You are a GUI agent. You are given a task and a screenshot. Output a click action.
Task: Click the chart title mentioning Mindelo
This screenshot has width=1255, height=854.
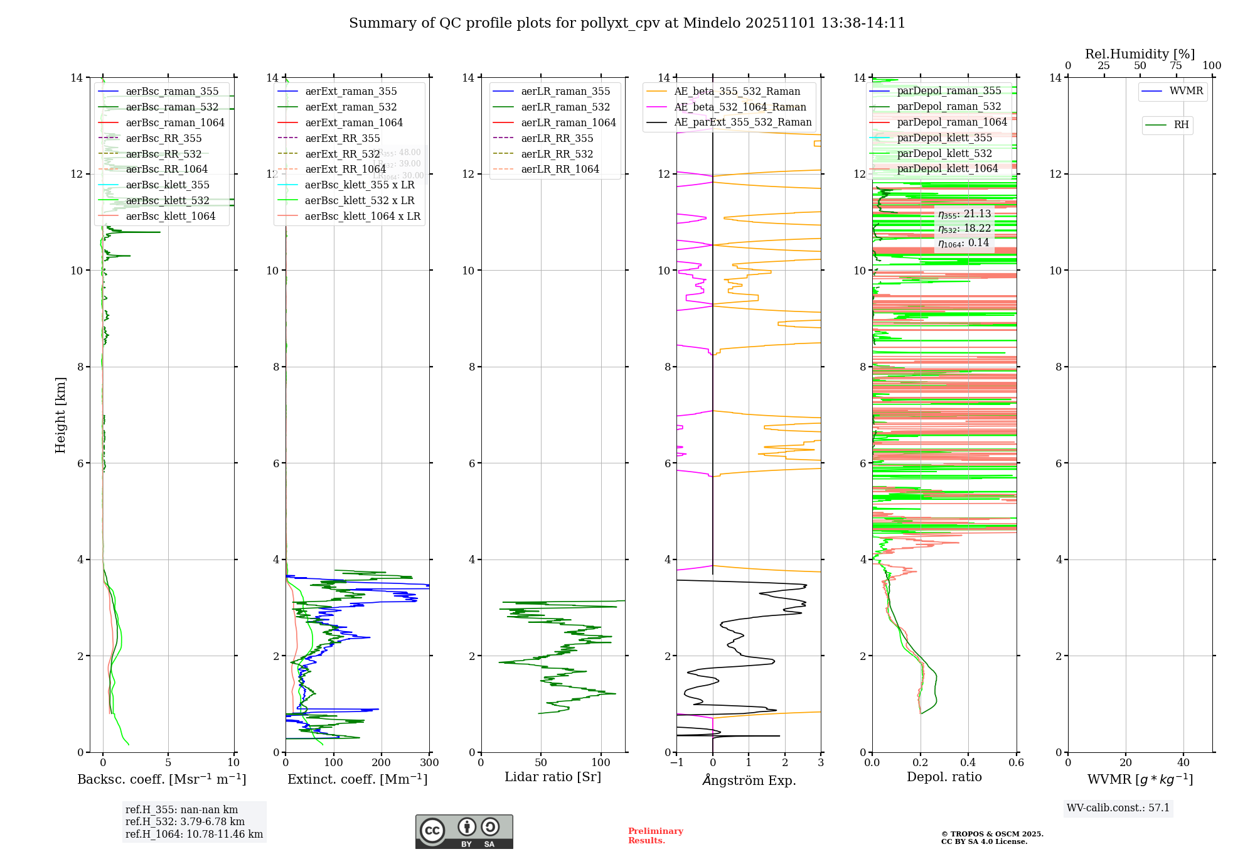[627, 23]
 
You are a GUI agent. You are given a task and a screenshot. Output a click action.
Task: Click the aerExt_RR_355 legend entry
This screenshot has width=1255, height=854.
[342, 139]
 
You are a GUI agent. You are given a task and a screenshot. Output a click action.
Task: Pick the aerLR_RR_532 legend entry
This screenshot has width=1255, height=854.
[557, 154]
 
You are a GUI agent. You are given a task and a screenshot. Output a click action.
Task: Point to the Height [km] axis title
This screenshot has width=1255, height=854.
[60, 414]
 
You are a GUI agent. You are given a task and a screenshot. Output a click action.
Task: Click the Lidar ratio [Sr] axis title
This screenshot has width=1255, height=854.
[553, 777]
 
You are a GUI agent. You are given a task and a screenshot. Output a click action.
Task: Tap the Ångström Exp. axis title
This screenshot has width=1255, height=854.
[749, 781]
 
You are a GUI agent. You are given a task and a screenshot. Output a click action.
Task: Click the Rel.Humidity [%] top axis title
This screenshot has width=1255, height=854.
[1140, 54]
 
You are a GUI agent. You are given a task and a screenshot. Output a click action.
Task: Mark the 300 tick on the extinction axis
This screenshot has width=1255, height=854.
[430, 763]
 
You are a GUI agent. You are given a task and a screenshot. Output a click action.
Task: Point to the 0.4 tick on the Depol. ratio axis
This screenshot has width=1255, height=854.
[968, 763]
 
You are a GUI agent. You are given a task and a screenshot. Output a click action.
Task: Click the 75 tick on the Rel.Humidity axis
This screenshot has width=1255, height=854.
[1176, 66]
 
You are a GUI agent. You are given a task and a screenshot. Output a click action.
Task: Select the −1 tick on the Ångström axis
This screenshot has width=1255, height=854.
[676, 763]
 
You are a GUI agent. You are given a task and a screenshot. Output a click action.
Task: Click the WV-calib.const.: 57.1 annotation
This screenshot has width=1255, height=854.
[1118, 808]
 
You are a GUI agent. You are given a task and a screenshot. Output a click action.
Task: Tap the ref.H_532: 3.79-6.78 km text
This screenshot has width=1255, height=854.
[185, 822]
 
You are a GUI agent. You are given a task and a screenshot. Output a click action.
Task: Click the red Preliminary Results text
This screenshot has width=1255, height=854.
[655, 836]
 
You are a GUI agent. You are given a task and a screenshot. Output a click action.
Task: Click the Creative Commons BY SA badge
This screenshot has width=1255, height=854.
[464, 832]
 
